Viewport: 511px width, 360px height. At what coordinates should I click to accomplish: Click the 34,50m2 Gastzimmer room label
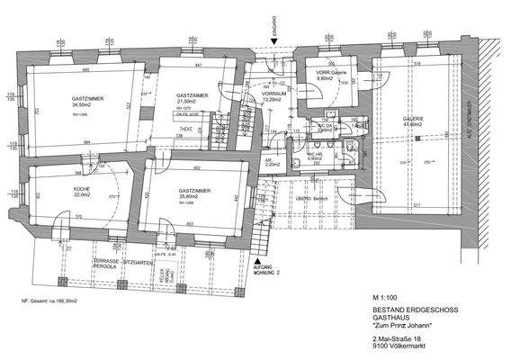click(x=86, y=103)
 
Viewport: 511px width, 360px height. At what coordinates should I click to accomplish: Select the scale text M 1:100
click(x=384, y=296)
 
